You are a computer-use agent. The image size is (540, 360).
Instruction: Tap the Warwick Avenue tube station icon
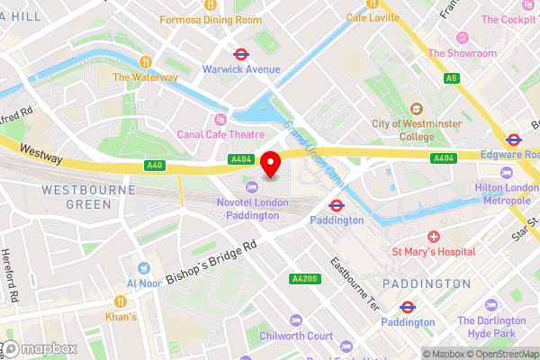click(x=241, y=53)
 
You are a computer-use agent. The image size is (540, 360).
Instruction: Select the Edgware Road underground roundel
click(x=514, y=139)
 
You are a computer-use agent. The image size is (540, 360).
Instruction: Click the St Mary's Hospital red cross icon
click(x=434, y=237)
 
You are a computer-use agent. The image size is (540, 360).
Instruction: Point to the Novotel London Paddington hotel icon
click(x=251, y=186)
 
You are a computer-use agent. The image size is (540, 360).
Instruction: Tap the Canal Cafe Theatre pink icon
click(x=218, y=119)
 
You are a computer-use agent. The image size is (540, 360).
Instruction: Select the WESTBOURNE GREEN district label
click(x=81, y=198)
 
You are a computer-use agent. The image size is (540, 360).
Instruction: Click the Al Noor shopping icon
click(x=143, y=267)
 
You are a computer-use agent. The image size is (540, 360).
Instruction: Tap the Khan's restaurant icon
click(x=120, y=301)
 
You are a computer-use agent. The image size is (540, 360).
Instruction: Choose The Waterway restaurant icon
click(x=145, y=61)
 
